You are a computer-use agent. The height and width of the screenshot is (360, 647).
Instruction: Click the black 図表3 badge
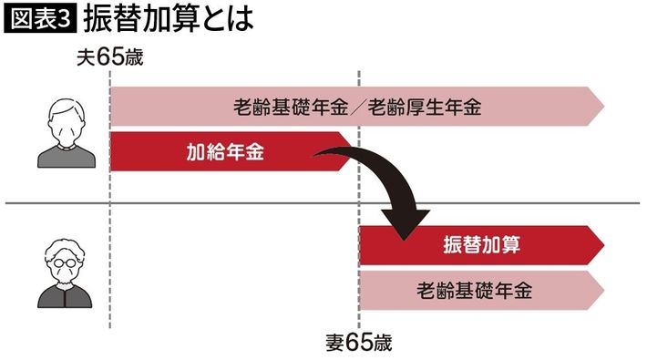click(40, 19)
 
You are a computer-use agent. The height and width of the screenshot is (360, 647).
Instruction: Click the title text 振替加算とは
click(169, 19)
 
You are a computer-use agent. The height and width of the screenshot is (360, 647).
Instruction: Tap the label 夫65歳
click(110, 57)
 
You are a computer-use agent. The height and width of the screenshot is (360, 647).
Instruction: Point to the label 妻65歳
click(358, 343)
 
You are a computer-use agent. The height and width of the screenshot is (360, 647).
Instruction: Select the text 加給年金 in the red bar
click(225, 152)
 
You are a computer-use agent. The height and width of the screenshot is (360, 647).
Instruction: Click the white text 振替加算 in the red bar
click(481, 245)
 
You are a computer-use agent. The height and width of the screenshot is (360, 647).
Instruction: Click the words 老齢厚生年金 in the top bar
click(425, 107)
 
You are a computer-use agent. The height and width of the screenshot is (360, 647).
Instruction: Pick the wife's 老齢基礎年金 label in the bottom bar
click(475, 290)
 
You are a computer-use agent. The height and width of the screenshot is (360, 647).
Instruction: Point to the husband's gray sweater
click(67, 157)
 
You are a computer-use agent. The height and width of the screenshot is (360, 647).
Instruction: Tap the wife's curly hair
click(66, 249)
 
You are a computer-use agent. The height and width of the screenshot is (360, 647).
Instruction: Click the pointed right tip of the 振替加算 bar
click(604, 245)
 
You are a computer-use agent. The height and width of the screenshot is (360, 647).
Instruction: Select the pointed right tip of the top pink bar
click(604, 107)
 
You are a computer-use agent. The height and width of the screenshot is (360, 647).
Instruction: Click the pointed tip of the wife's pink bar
click(604, 290)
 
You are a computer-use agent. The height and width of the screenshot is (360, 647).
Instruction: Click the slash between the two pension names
click(358, 108)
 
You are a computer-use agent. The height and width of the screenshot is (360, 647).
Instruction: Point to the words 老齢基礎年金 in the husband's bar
click(291, 107)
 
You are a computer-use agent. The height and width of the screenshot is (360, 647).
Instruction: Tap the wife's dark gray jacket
click(66, 295)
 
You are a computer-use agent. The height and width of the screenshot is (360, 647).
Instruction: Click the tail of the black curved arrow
click(315, 155)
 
